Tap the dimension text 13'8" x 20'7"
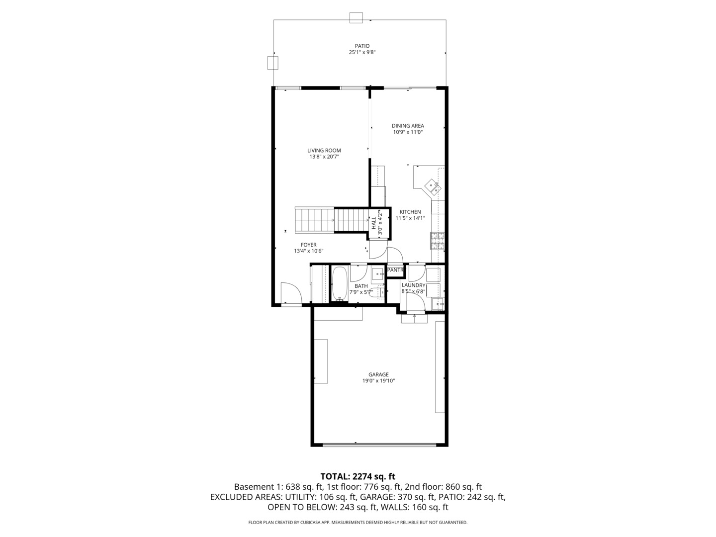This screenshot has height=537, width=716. coord(324,157)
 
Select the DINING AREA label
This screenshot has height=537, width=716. coord(408,126)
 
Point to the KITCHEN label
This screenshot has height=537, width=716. coord(410,212)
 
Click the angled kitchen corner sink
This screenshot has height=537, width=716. coord(432,187)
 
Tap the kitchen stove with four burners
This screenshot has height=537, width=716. coord(437,241)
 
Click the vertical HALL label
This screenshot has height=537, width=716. coord(373,223)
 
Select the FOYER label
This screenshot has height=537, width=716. coord(308,245)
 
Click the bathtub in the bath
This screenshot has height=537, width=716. coord(340,284)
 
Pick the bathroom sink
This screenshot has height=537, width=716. coord(377,273)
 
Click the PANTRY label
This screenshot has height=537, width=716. coord(395,270)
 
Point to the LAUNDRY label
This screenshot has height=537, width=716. coord(413,285)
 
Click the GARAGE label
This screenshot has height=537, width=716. coord(378,374)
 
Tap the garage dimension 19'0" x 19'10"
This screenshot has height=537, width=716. coord(378,381)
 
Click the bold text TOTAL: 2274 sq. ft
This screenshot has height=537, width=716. coord(358,476)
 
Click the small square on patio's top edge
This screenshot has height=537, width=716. coord(356,17)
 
